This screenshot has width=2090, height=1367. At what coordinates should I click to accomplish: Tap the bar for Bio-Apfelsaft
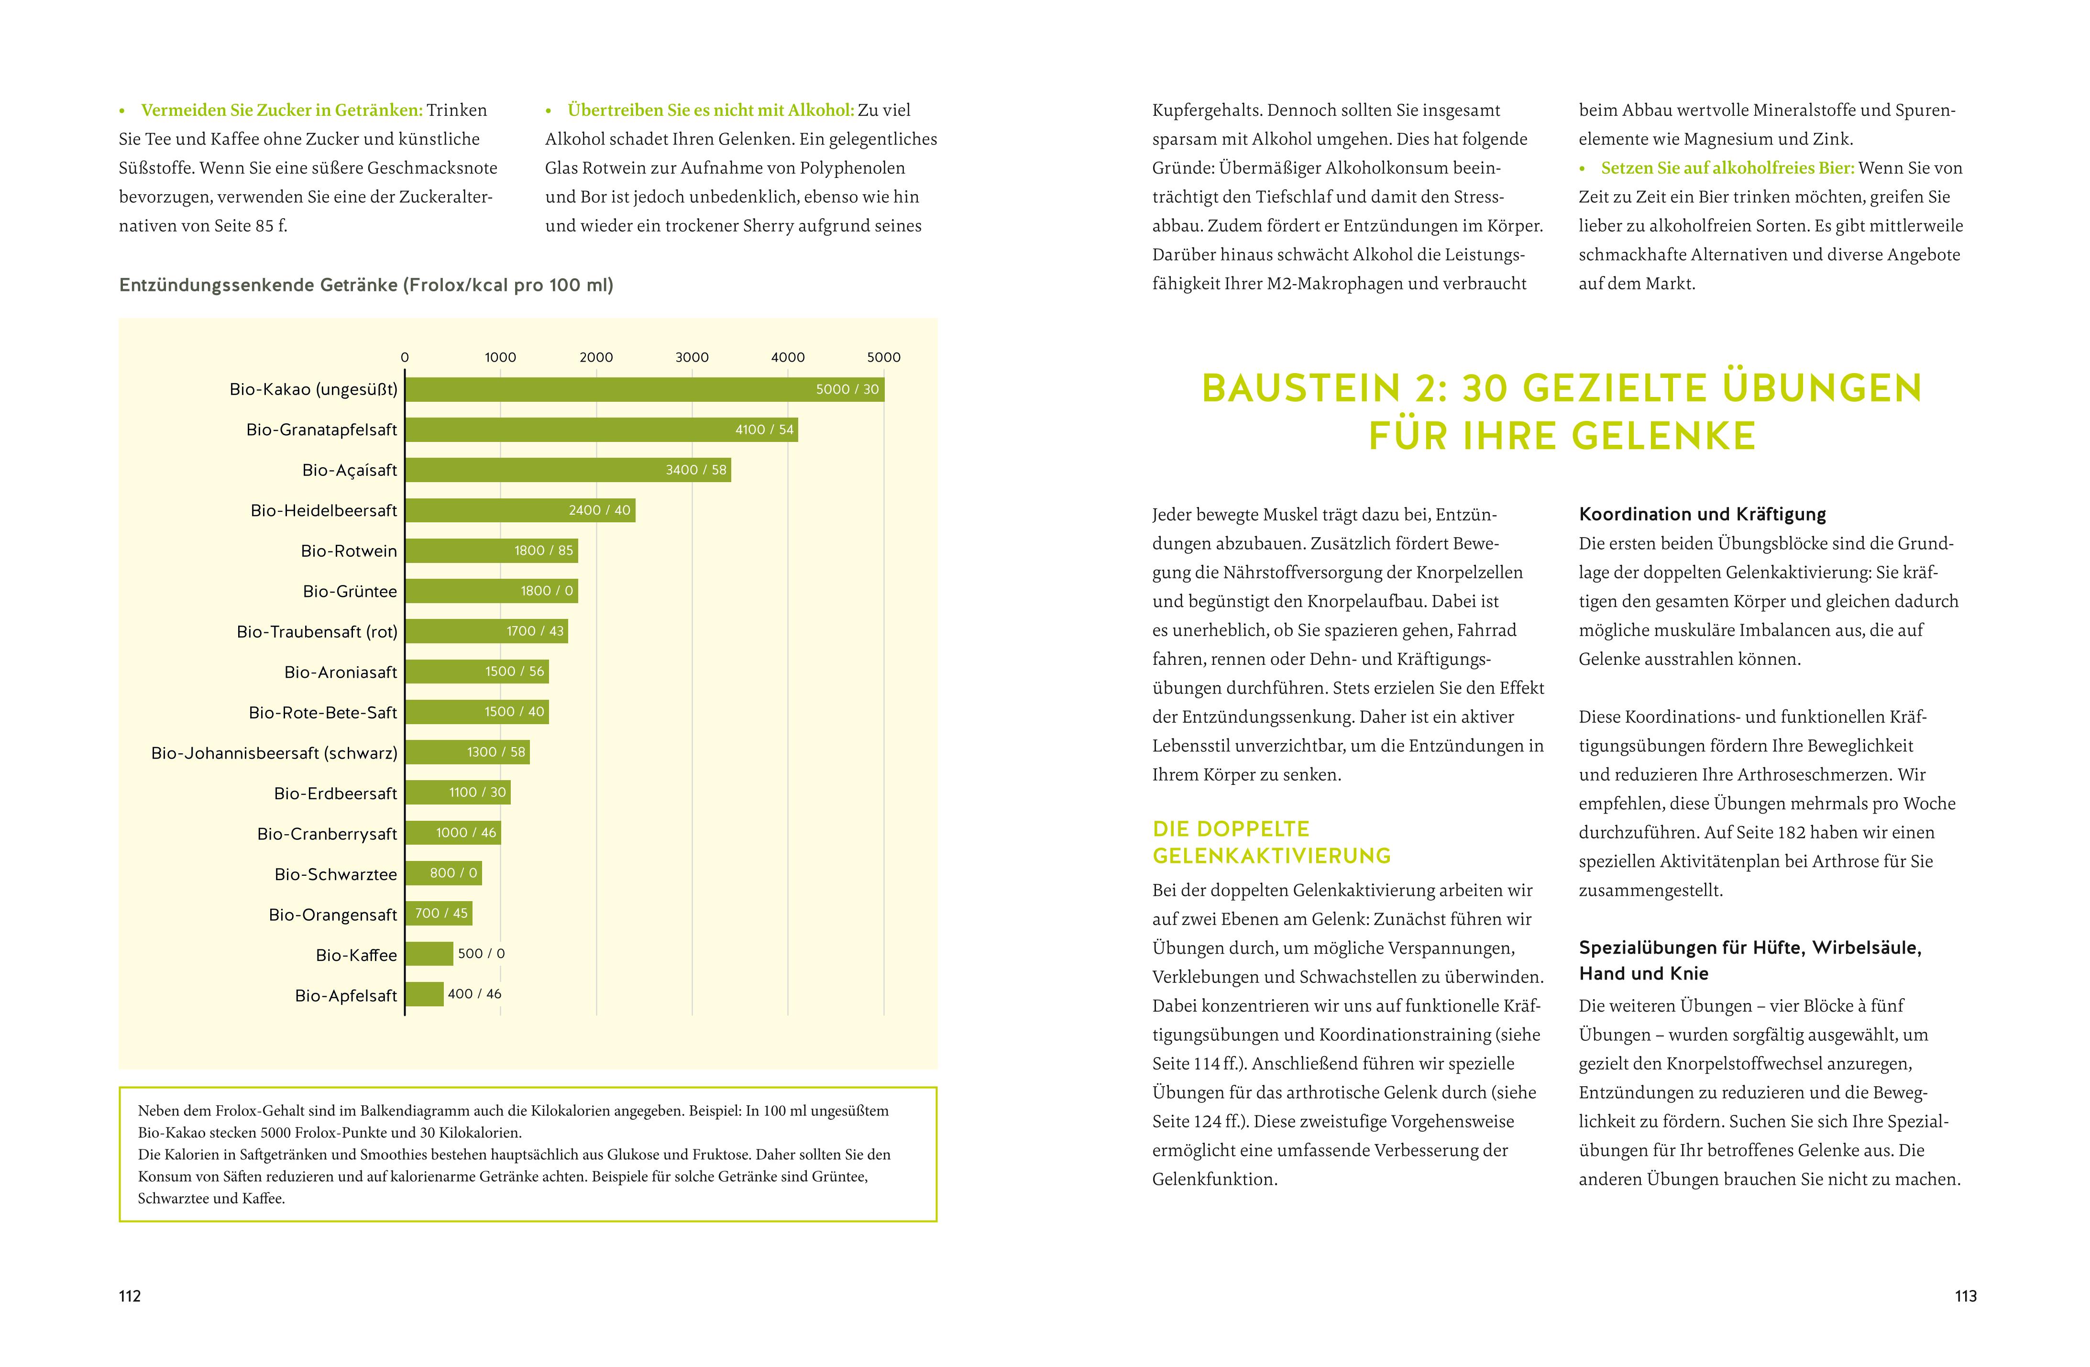424,994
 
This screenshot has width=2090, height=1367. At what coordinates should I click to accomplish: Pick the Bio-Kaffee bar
429,953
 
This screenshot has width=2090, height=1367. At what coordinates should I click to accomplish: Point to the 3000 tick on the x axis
692,357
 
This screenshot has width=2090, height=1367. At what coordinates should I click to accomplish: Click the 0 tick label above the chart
405,357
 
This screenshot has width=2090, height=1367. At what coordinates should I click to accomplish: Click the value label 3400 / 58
695,470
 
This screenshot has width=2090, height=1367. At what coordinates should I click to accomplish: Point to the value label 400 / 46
474,994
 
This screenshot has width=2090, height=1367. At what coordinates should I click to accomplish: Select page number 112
130,1296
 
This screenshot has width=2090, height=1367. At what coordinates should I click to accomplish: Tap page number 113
1965,1296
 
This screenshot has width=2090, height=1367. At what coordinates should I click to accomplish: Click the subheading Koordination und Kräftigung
1702,515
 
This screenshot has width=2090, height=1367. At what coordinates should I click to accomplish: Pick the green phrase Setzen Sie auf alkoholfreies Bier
1727,168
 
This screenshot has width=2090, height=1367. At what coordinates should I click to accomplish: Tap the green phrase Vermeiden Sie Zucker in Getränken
281,110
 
